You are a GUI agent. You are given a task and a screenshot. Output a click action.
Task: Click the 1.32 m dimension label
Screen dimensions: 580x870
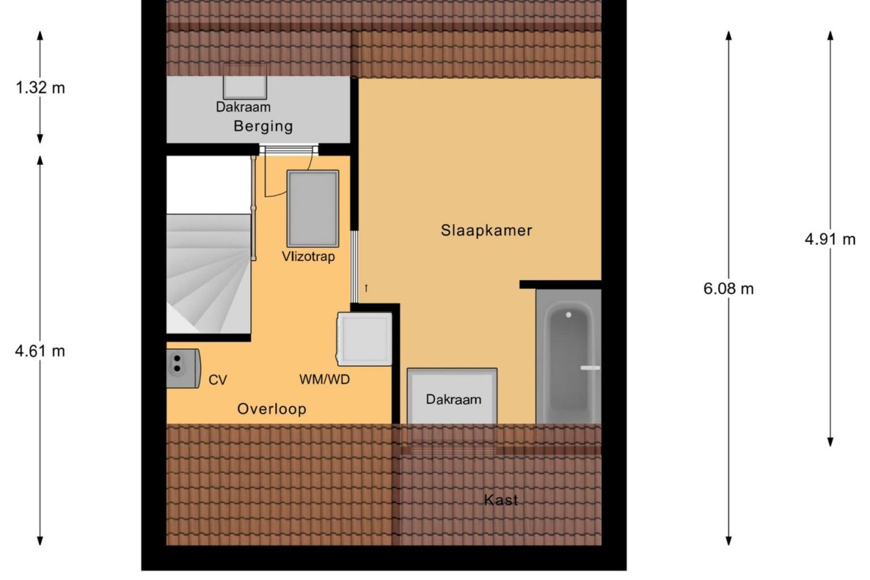(x=40, y=88)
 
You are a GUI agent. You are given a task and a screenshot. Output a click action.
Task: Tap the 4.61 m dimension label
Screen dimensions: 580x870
(x=40, y=351)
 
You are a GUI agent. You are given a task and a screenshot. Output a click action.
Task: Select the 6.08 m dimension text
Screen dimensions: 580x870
(x=728, y=289)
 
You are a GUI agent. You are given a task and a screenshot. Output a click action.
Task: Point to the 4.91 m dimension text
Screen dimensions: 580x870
(x=830, y=240)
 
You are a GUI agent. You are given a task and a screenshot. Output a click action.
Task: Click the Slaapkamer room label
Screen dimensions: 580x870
(x=486, y=230)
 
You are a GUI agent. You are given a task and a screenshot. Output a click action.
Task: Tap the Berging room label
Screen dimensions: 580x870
(x=263, y=127)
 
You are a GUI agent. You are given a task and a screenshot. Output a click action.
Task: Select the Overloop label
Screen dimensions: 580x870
(x=272, y=409)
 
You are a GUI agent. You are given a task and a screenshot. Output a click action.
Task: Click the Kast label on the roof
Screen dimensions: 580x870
(x=501, y=500)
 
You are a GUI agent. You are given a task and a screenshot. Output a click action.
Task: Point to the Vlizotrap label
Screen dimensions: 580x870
(x=307, y=257)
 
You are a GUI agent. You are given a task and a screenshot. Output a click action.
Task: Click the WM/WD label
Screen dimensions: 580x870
(x=324, y=380)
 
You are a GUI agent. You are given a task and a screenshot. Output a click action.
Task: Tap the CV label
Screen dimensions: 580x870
(x=217, y=380)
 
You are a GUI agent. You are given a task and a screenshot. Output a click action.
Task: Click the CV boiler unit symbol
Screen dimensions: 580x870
(x=182, y=367)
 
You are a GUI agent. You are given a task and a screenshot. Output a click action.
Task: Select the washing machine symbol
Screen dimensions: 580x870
(x=364, y=339)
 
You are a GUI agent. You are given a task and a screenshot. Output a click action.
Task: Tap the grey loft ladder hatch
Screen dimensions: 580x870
(x=312, y=208)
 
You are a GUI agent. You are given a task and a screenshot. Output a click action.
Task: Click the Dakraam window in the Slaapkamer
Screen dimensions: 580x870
(x=452, y=396)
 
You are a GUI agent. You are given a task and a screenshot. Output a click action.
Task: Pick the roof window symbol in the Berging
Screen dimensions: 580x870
(x=245, y=82)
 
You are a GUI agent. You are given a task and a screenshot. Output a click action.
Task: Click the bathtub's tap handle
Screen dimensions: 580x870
(x=590, y=367)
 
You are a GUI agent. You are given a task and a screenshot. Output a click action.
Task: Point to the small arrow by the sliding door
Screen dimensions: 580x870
(x=367, y=288)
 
